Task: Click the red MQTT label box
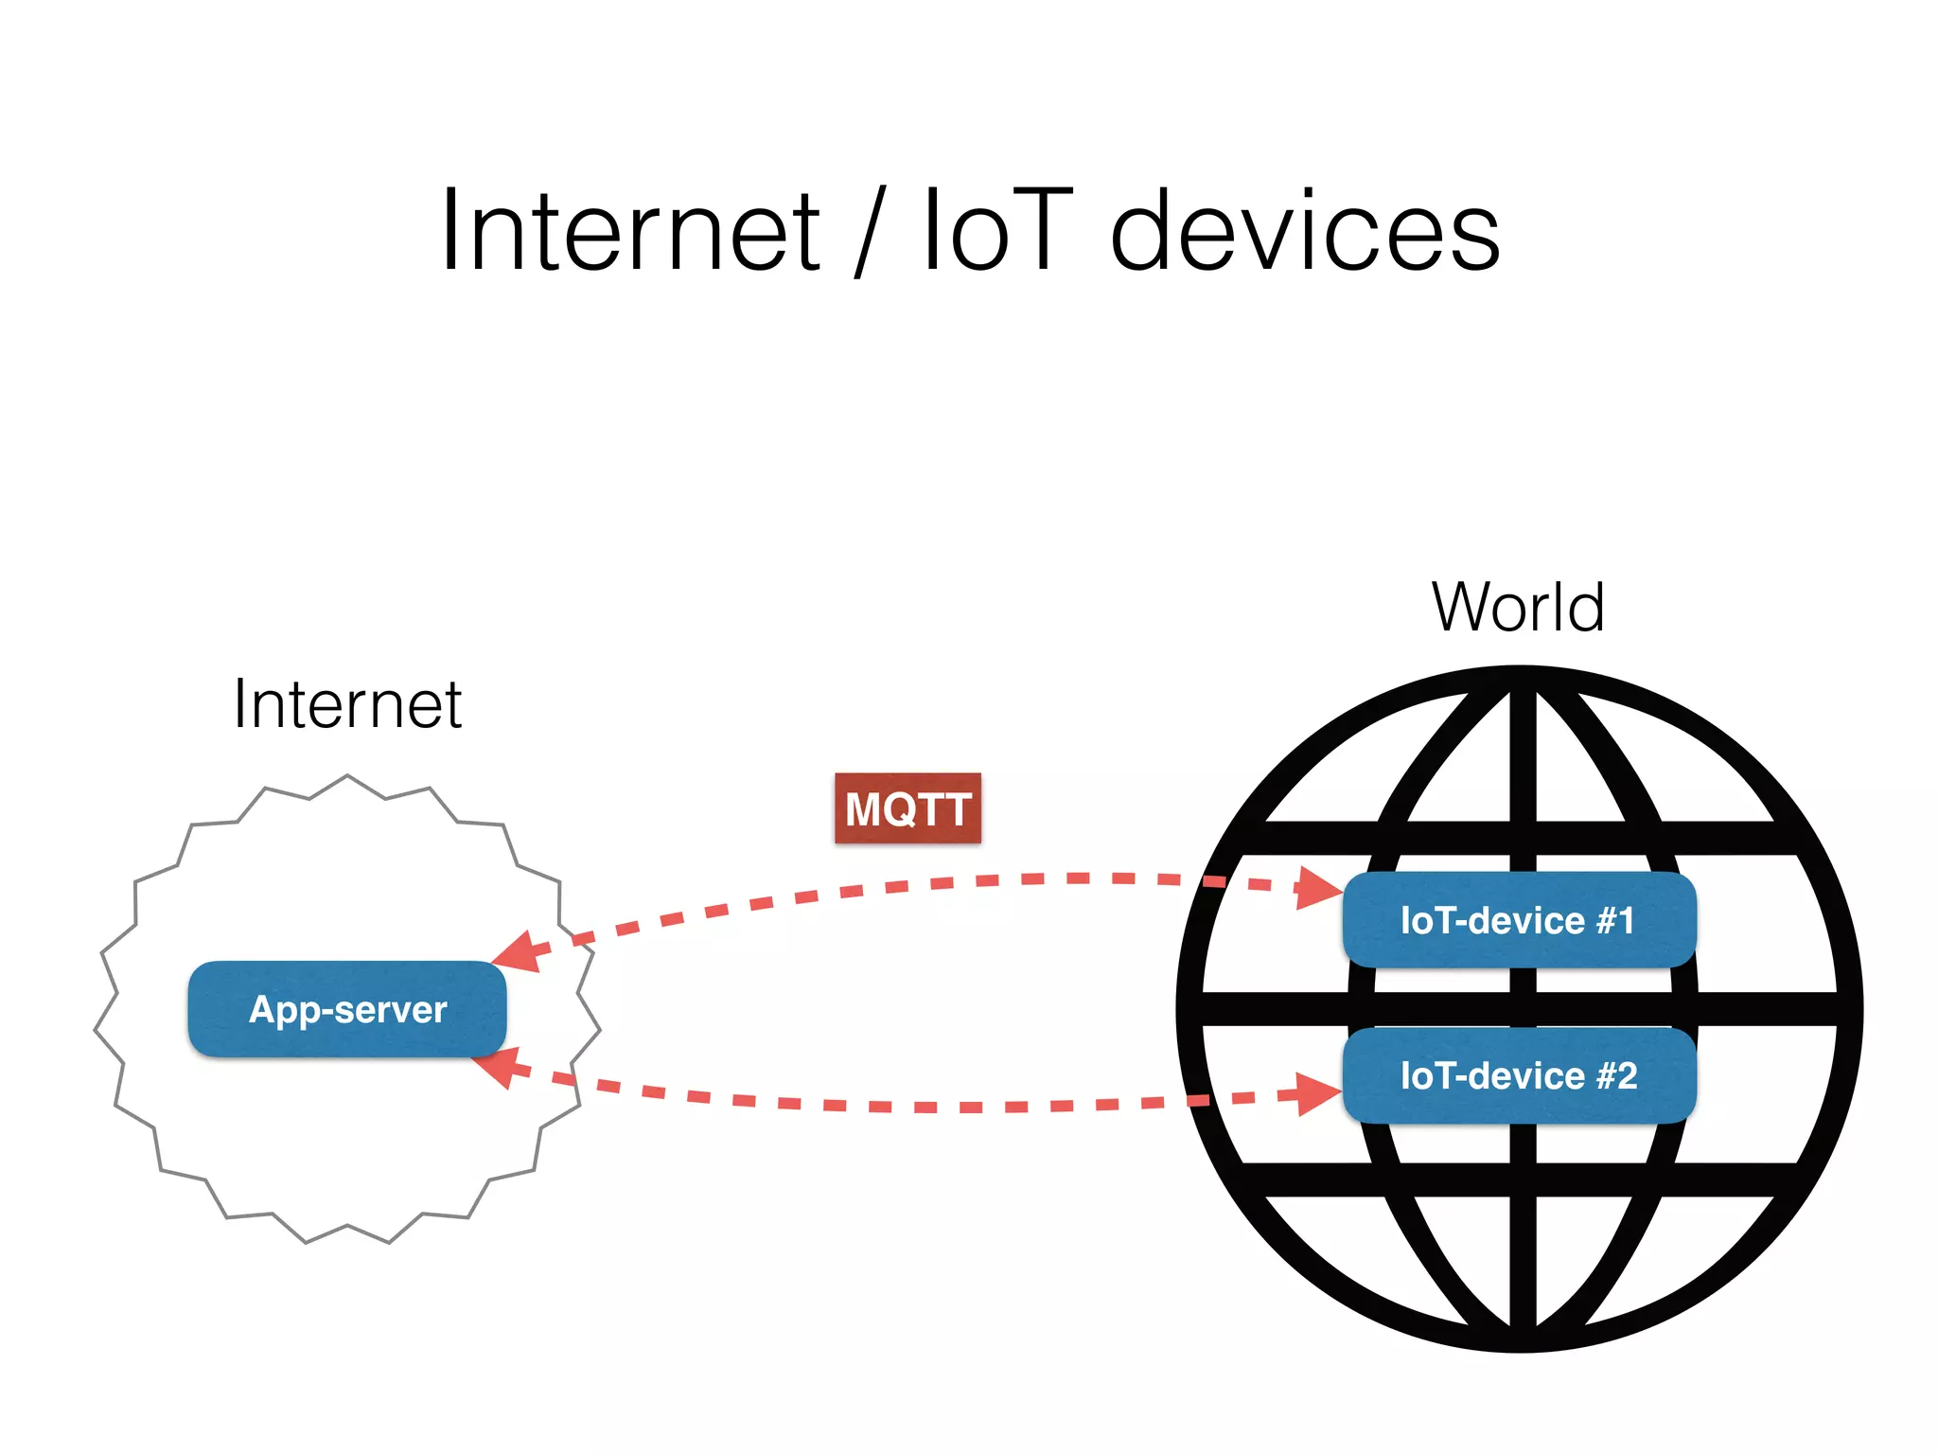click(x=907, y=808)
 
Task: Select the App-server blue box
click(x=347, y=1009)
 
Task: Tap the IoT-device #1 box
click(x=1518, y=920)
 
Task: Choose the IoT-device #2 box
click(x=1518, y=1075)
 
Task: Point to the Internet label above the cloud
click(x=347, y=705)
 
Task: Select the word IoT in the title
click(x=997, y=232)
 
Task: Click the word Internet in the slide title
click(x=630, y=232)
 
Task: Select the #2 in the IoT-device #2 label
click(x=1616, y=1075)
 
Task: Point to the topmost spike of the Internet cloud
click(x=347, y=777)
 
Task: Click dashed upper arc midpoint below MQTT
click(x=908, y=886)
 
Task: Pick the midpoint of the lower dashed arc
click(x=908, y=1107)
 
